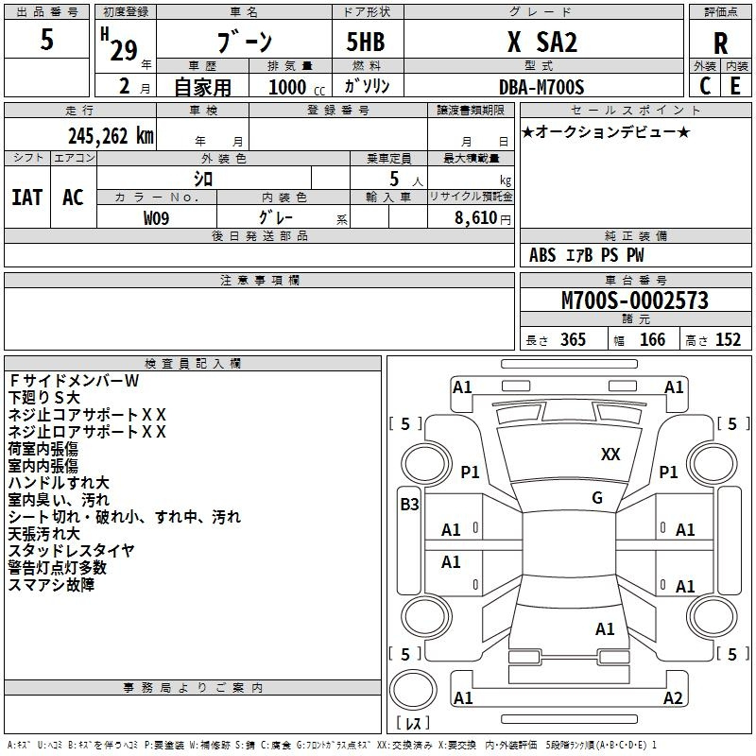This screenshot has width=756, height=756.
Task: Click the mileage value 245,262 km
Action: tap(111, 136)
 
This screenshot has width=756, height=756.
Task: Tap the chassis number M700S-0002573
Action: tap(635, 301)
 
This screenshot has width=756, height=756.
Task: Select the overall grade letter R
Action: tap(720, 43)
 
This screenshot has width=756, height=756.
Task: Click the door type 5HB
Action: tap(366, 42)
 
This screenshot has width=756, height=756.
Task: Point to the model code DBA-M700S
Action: tap(541, 87)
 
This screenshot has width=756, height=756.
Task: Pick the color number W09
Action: tap(156, 218)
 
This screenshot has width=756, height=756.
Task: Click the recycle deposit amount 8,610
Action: tap(476, 218)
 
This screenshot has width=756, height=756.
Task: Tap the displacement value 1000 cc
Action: tap(297, 87)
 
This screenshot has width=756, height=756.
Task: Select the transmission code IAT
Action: tap(27, 198)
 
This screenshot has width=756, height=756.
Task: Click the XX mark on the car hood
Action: tap(610, 455)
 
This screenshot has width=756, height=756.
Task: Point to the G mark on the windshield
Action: tap(597, 498)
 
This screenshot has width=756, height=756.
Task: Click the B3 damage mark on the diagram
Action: tap(410, 505)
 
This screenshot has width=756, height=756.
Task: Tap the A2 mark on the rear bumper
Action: tap(673, 697)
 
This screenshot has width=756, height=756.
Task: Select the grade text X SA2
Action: tap(541, 42)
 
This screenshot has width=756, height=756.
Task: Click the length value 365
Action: tap(573, 340)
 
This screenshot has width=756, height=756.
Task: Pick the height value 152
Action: tap(728, 340)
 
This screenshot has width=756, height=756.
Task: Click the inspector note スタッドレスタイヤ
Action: tap(72, 551)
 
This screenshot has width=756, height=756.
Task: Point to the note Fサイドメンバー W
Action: tap(74, 381)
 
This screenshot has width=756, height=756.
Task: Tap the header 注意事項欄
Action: tap(260, 280)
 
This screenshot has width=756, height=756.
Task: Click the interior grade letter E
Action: tap(735, 86)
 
